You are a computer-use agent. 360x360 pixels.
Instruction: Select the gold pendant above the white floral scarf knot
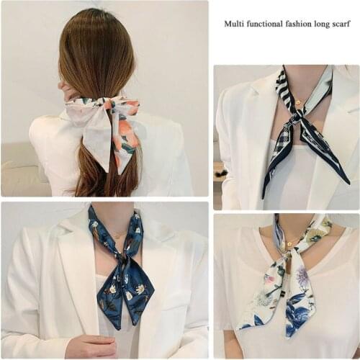(x=290, y=245)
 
